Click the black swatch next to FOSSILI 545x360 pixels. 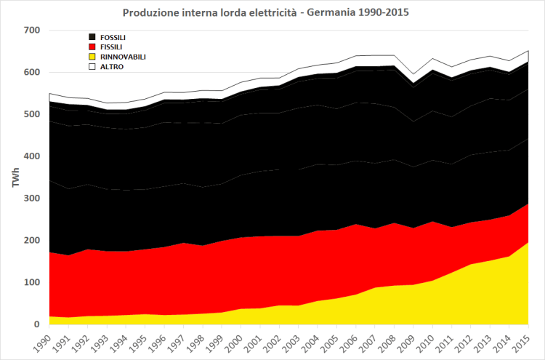click(92, 36)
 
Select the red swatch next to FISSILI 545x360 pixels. click(92, 46)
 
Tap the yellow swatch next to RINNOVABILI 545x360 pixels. click(92, 56)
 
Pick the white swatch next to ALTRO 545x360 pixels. click(92, 66)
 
